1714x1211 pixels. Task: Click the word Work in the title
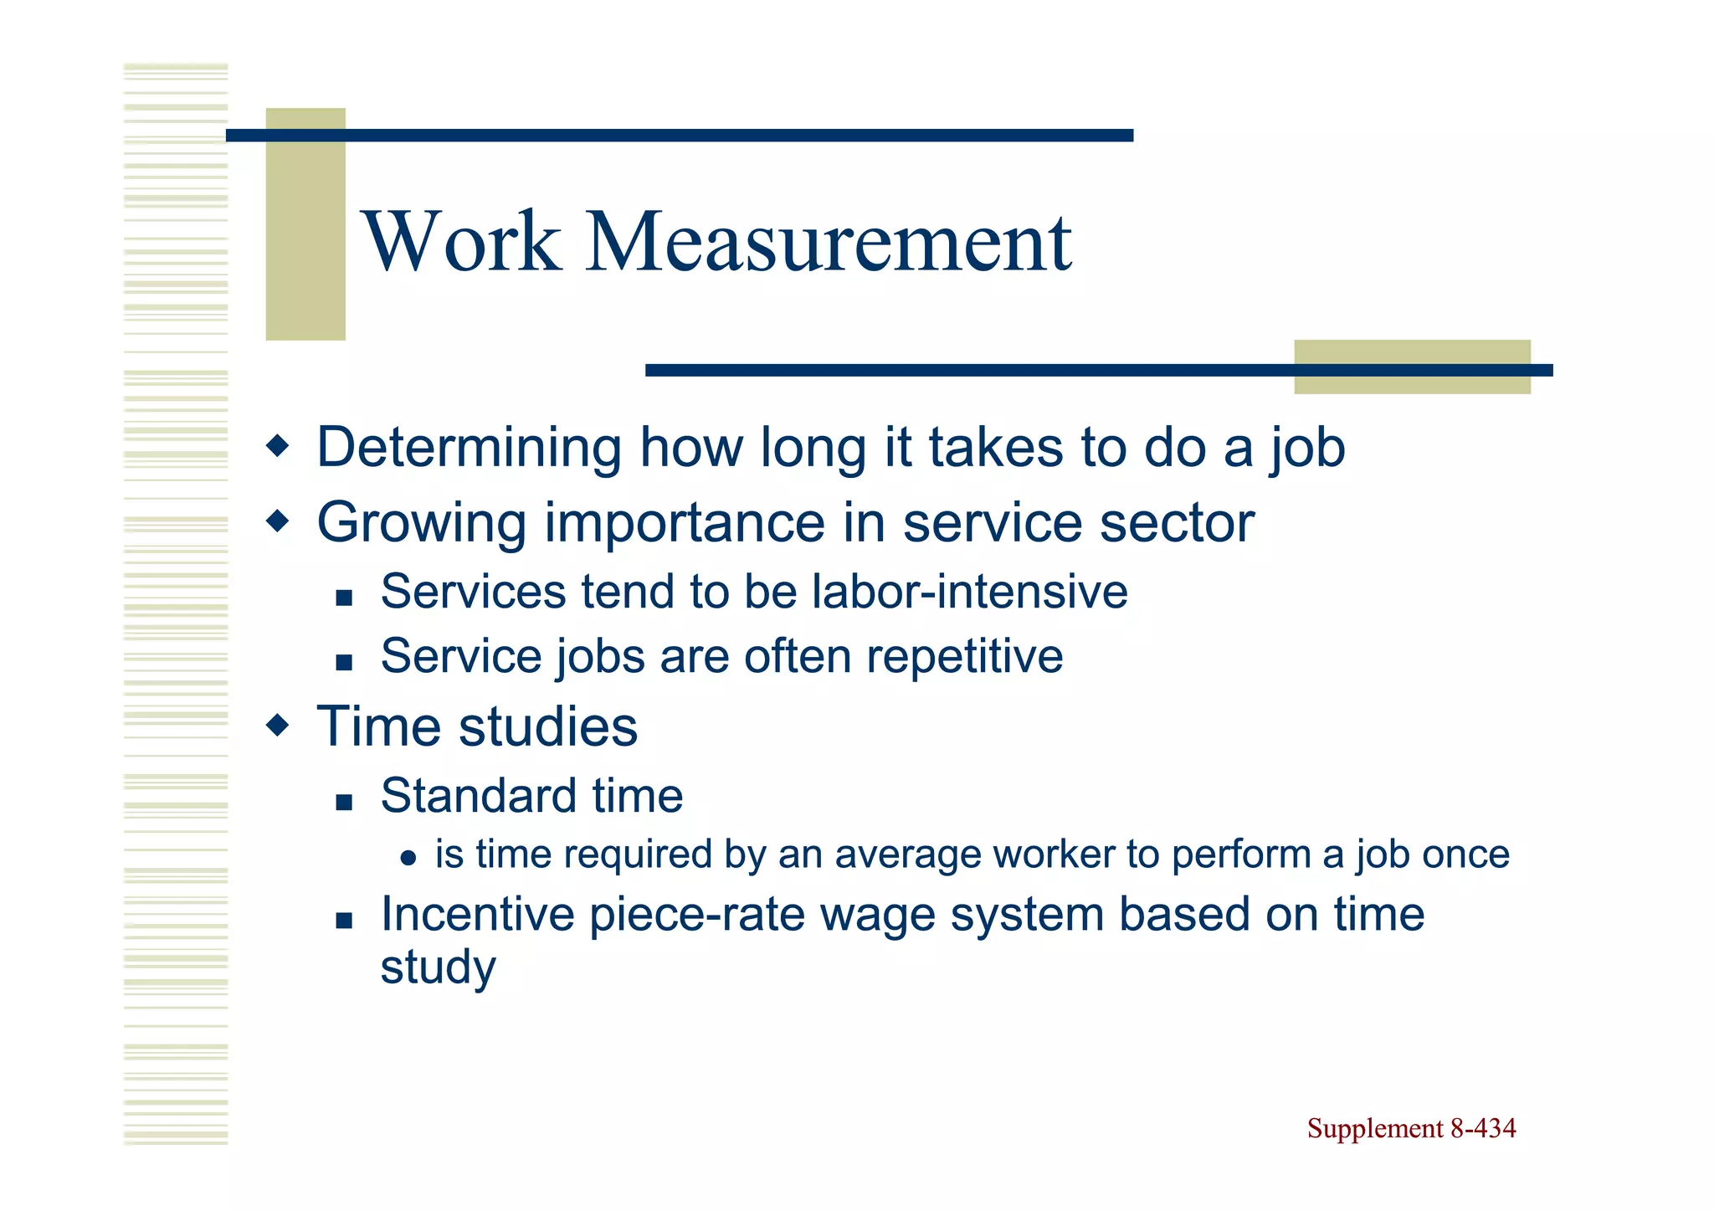[x=462, y=242]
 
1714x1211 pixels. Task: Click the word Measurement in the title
[x=829, y=242]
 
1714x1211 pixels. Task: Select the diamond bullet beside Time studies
[x=277, y=725]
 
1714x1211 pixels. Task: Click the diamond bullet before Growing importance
[x=277, y=522]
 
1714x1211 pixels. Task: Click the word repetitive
[x=964, y=656]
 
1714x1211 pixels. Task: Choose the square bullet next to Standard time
[x=343, y=803]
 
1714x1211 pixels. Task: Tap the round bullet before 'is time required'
[x=408, y=858]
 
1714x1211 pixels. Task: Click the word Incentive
[x=477, y=914]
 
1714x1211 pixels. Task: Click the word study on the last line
[x=438, y=967]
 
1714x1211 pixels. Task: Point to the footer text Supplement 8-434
[x=1411, y=1128]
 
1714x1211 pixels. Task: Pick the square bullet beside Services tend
[x=343, y=598]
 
